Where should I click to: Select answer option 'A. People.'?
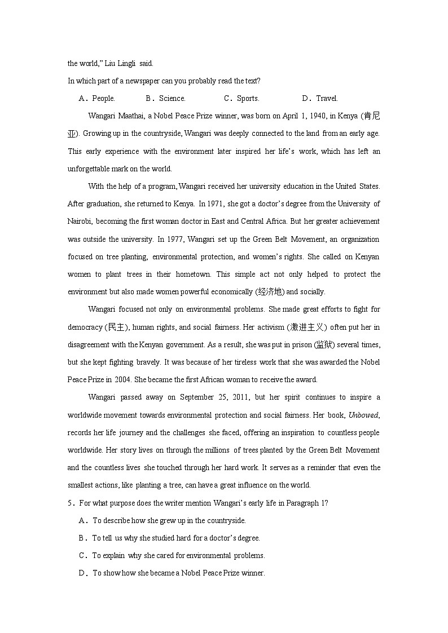pos(97,98)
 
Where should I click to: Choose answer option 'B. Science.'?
pos(166,98)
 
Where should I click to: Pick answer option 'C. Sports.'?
pos(242,98)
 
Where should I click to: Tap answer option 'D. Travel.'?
pos(320,98)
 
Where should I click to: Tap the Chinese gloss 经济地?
pos(270,292)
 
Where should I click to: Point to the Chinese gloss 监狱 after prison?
pos(324,344)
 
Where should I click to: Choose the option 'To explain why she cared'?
pos(178,555)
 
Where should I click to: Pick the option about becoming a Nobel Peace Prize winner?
pos(178,573)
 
